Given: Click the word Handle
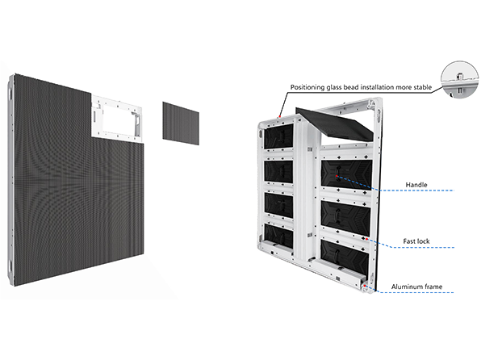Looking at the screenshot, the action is click(416, 185).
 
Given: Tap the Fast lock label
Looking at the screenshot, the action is click(416, 241).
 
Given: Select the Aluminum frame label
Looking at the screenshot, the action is click(416, 287).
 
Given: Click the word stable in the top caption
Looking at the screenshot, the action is click(423, 87).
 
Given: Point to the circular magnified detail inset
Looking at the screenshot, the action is click(459, 80).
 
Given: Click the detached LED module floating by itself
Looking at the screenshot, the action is click(181, 123).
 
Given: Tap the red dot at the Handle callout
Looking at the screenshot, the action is click(337, 176).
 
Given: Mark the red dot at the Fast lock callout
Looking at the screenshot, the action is click(366, 239).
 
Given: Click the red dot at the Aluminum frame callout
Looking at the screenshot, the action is click(365, 286).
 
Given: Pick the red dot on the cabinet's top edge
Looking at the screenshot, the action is click(280, 116).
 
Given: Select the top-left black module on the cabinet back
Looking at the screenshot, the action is click(278, 136).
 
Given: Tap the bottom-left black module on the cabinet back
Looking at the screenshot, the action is click(278, 236).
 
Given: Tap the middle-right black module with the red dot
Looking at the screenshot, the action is click(347, 174).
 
